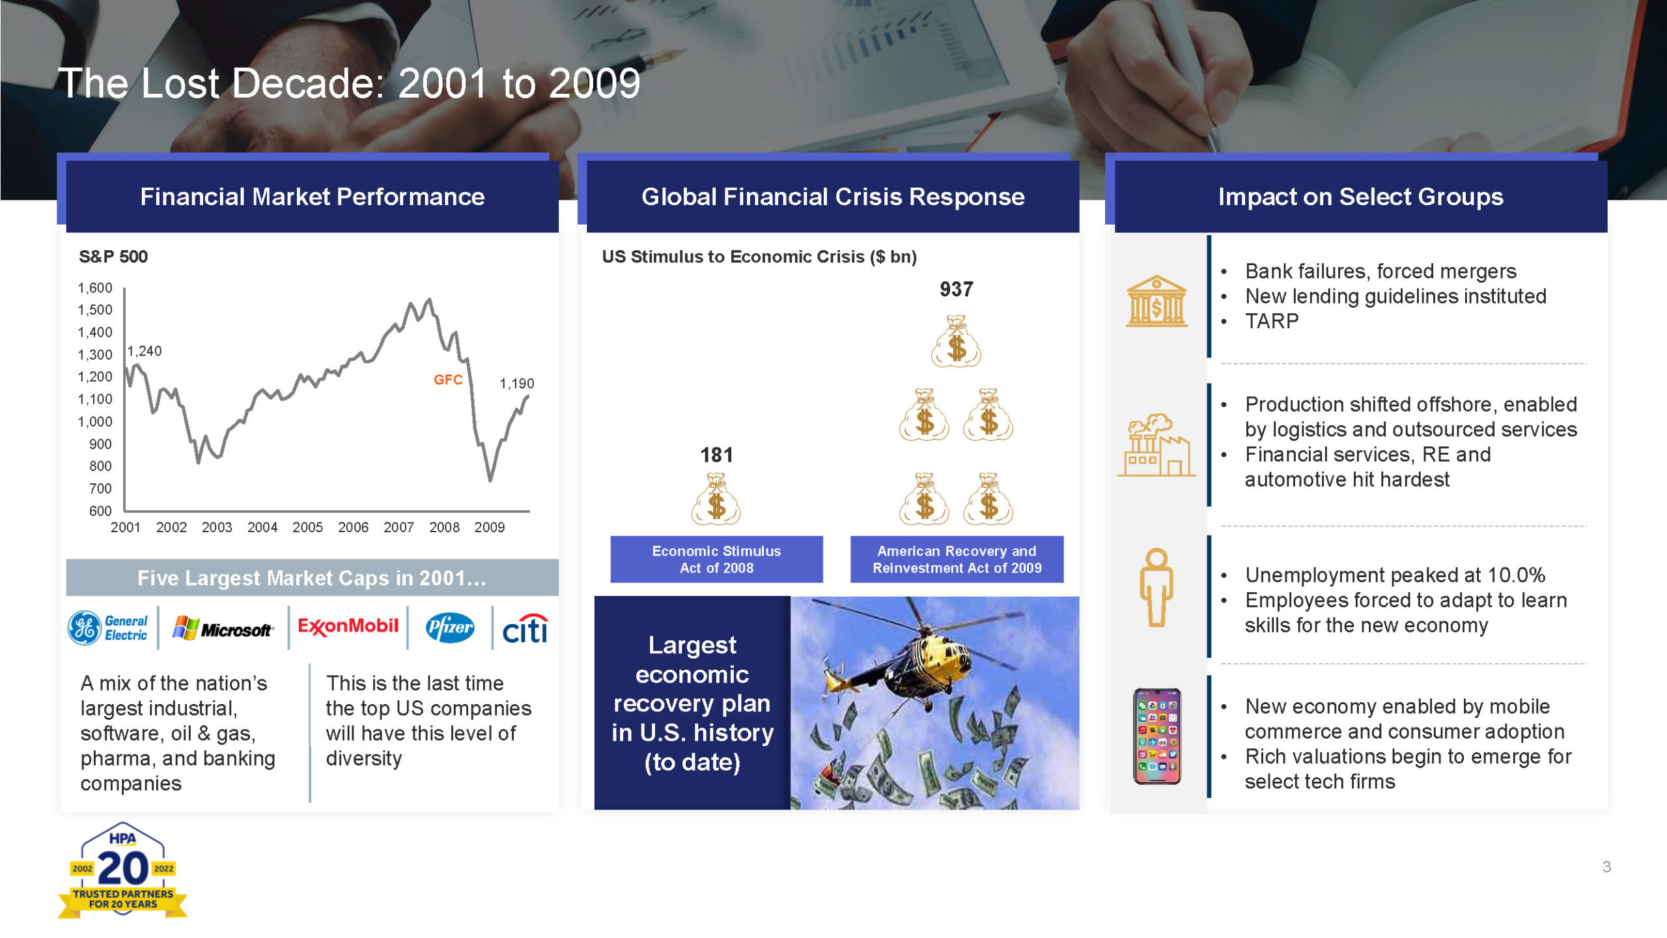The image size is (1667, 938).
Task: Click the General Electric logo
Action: click(x=108, y=628)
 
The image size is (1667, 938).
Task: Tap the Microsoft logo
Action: click(x=223, y=628)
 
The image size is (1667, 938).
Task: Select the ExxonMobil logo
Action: click(x=348, y=627)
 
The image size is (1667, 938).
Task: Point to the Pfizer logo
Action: click(x=450, y=627)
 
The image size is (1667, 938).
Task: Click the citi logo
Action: click(x=525, y=629)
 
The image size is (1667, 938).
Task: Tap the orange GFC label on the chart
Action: click(x=448, y=380)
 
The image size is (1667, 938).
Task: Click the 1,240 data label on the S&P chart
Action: click(x=145, y=351)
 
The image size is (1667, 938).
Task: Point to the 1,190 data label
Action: click(x=517, y=384)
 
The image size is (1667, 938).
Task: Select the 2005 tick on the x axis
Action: click(x=307, y=527)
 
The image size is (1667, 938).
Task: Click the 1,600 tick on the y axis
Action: click(x=95, y=288)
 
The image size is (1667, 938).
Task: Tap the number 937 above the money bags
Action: click(x=957, y=289)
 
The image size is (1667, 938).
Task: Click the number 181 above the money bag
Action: click(x=717, y=455)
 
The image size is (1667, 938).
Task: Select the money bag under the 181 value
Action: click(x=716, y=500)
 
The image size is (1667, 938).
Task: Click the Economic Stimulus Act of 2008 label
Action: click(x=717, y=560)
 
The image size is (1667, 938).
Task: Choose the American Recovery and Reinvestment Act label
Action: click(x=957, y=560)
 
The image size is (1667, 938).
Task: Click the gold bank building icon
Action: click(x=1157, y=301)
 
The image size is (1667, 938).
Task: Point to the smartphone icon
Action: click(x=1157, y=736)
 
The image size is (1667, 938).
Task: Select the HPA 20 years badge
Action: click(x=122, y=870)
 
